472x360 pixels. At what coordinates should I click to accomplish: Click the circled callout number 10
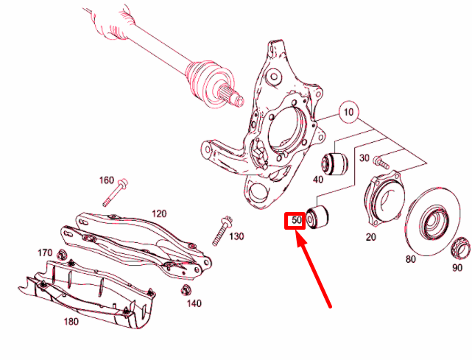(348, 113)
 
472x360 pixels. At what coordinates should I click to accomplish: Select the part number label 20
(370, 236)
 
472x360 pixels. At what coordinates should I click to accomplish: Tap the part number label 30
(364, 158)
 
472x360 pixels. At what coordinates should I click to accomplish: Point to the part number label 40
(318, 179)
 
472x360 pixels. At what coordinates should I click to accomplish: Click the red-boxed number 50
(297, 220)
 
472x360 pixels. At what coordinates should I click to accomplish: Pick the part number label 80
(410, 258)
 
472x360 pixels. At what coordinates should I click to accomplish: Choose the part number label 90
(458, 267)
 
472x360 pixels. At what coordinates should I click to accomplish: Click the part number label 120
(159, 213)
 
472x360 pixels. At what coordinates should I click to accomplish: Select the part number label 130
(236, 236)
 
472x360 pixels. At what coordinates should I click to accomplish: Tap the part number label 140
(194, 303)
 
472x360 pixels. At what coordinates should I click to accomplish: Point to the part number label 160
(107, 180)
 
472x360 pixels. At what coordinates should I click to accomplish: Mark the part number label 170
(45, 253)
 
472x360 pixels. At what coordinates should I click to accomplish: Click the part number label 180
(71, 321)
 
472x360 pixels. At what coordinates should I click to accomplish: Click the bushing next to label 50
(319, 218)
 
